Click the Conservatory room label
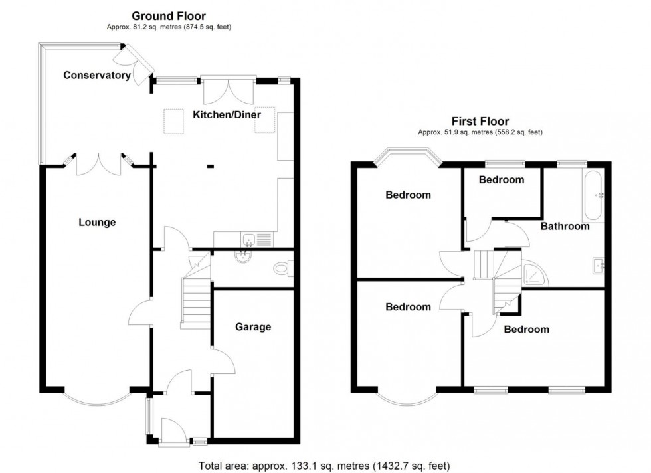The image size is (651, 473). pos(97,76)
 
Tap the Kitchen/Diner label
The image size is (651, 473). pos(227,115)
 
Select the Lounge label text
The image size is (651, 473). pos(97,223)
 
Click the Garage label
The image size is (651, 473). pos(253,327)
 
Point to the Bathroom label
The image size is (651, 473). pos(565,226)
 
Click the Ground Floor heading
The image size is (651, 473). pos(168,15)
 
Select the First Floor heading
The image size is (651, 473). pos(480,121)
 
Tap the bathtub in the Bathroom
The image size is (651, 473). pos(593,197)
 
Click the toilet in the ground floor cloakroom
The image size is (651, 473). pos(283,269)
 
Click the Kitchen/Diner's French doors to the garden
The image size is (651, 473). pos(228,90)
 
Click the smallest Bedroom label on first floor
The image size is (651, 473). pos(502,179)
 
